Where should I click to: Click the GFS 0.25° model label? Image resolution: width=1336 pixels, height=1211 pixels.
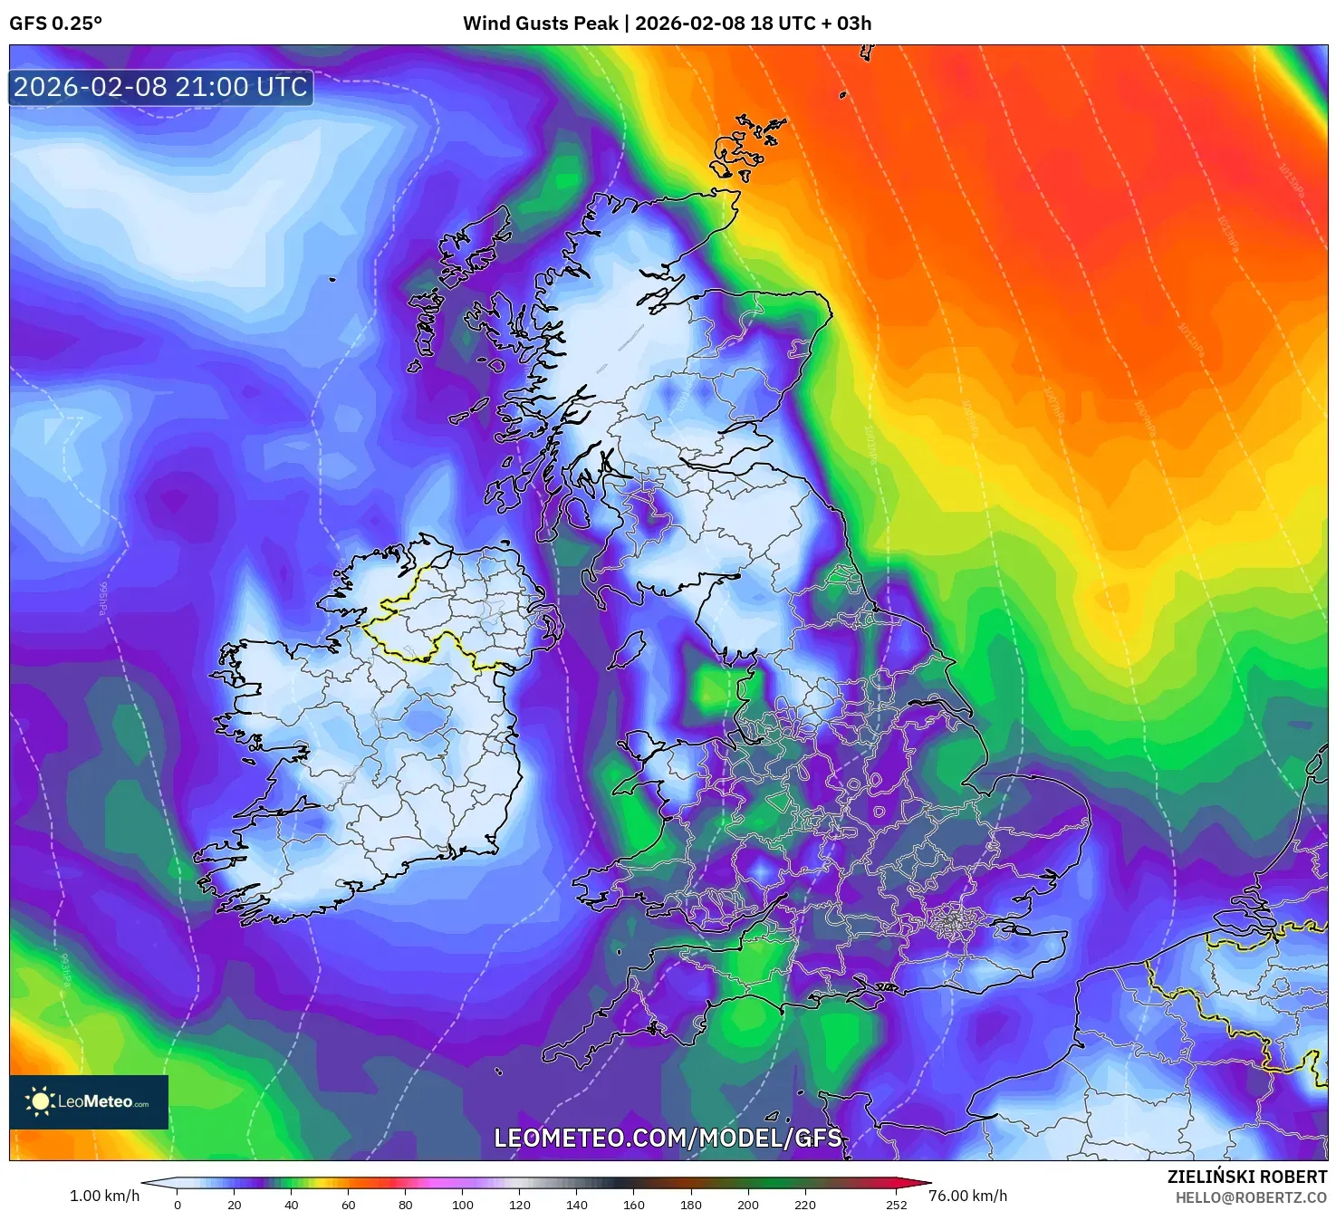56,24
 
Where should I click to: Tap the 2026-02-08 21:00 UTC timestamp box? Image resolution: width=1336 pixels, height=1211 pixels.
161,87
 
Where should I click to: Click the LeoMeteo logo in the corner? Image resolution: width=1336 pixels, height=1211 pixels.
89,1101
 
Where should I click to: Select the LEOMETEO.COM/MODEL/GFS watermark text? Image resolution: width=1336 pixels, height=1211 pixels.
668,1138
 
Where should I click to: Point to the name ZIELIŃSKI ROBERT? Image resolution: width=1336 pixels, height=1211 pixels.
1246,1177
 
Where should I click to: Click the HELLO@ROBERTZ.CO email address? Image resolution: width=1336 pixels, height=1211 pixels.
1251,1197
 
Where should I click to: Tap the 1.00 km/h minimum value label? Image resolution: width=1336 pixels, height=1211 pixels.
104,1196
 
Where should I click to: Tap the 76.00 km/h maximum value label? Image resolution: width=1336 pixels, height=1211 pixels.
967,1196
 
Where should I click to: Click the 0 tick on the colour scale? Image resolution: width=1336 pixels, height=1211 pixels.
178,1204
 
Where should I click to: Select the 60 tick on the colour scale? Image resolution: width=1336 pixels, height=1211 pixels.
349,1204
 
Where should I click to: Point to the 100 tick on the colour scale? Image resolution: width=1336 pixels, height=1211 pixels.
463,1204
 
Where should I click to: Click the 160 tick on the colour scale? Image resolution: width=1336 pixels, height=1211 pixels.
634,1204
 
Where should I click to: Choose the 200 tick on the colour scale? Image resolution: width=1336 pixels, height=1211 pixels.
748,1204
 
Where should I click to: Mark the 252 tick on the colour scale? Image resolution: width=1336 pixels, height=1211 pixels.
896,1204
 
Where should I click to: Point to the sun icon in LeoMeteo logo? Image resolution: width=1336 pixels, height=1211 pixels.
40,1101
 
